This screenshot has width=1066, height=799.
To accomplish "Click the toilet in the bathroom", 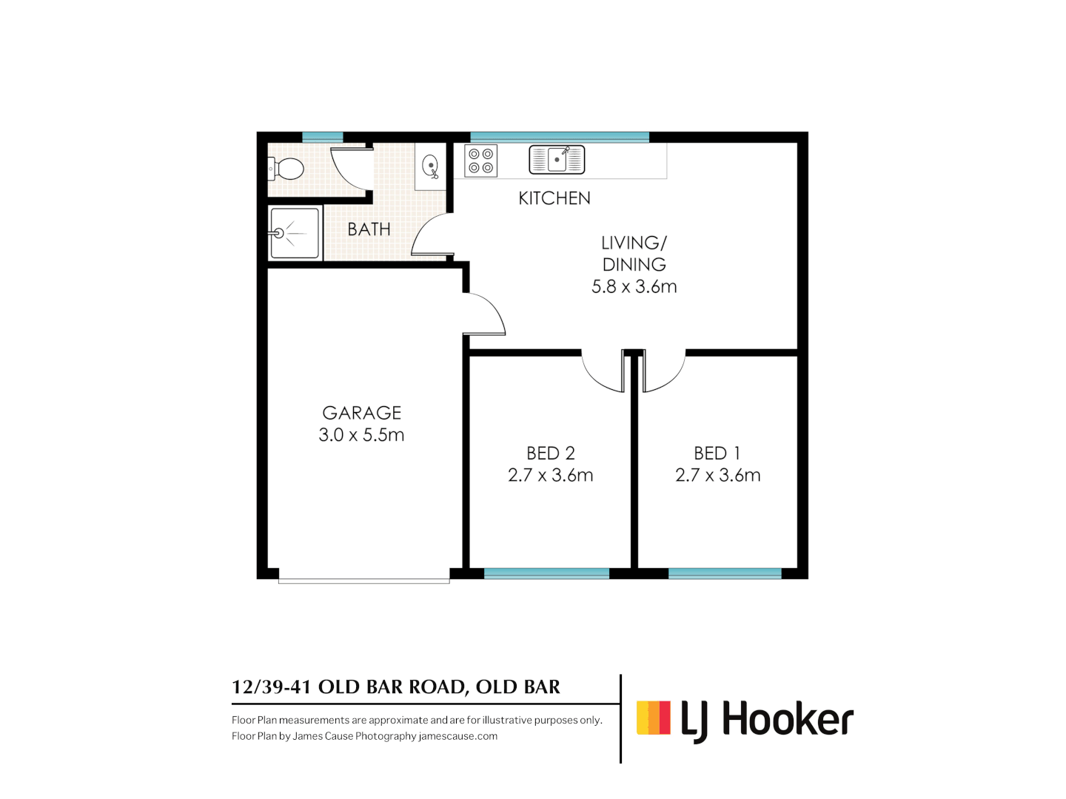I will tap(286, 169).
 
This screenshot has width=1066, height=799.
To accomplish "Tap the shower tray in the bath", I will tap(295, 233).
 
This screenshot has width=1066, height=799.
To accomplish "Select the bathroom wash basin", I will tap(430, 166).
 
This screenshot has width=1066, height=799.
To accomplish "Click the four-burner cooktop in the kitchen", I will tap(481, 161).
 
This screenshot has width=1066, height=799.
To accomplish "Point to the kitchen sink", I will tap(557, 160).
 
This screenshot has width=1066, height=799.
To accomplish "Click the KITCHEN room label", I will tap(554, 198).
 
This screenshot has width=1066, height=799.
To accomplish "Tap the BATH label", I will tap(369, 229).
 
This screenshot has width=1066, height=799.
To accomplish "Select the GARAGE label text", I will tap(362, 413).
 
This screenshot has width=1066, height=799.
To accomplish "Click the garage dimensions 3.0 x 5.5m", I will tap(361, 435).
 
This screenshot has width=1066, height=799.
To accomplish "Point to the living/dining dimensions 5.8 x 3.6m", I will tap(634, 287).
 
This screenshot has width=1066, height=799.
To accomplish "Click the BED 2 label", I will tap(551, 453).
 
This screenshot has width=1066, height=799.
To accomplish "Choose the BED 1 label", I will tap(717, 453).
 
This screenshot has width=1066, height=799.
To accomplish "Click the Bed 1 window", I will tap(725, 573).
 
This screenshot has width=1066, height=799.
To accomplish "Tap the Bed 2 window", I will tap(546, 573).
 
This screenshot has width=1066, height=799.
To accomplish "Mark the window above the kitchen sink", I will tap(560, 137).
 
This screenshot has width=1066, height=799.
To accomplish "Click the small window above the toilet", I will tap(323, 137).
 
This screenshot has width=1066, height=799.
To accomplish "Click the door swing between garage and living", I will tap(485, 314).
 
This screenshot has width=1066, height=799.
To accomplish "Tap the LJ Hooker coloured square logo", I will tap(654, 718).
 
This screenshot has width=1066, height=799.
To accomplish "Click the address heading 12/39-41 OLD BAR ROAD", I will tap(396, 687).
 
